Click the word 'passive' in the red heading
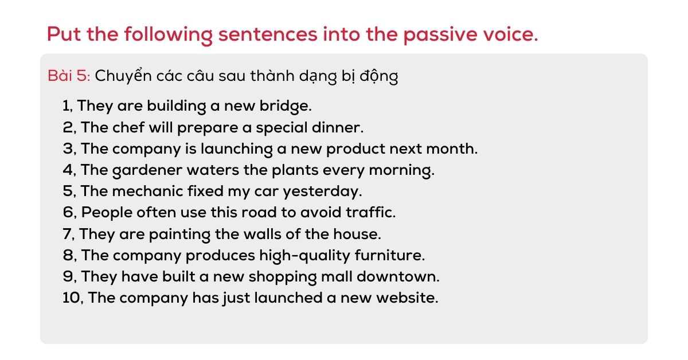tap(440, 35)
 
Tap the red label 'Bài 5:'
tap(69, 76)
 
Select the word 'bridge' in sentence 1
tap(285, 106)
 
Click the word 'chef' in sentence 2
tap(128, 127)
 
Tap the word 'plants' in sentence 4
tap(295, 170)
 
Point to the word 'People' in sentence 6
tap(107, 213)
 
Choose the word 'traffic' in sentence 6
tap(369, 212)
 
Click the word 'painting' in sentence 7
tap(179, 234)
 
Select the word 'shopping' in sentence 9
tap(283, 277)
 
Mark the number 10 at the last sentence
tap(72, 298)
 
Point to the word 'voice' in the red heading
tap(509, 34)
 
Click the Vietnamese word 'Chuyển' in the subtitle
tap(123, 76)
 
